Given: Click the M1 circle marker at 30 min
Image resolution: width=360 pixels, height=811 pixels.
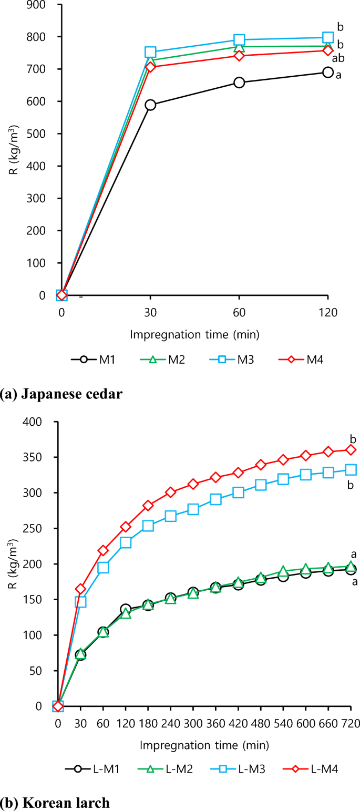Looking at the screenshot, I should tap(150, 105).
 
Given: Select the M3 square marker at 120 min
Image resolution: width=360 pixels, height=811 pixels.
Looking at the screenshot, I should tap(328, 37).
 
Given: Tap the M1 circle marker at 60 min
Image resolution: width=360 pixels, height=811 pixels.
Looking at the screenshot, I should tap(239, 83).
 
